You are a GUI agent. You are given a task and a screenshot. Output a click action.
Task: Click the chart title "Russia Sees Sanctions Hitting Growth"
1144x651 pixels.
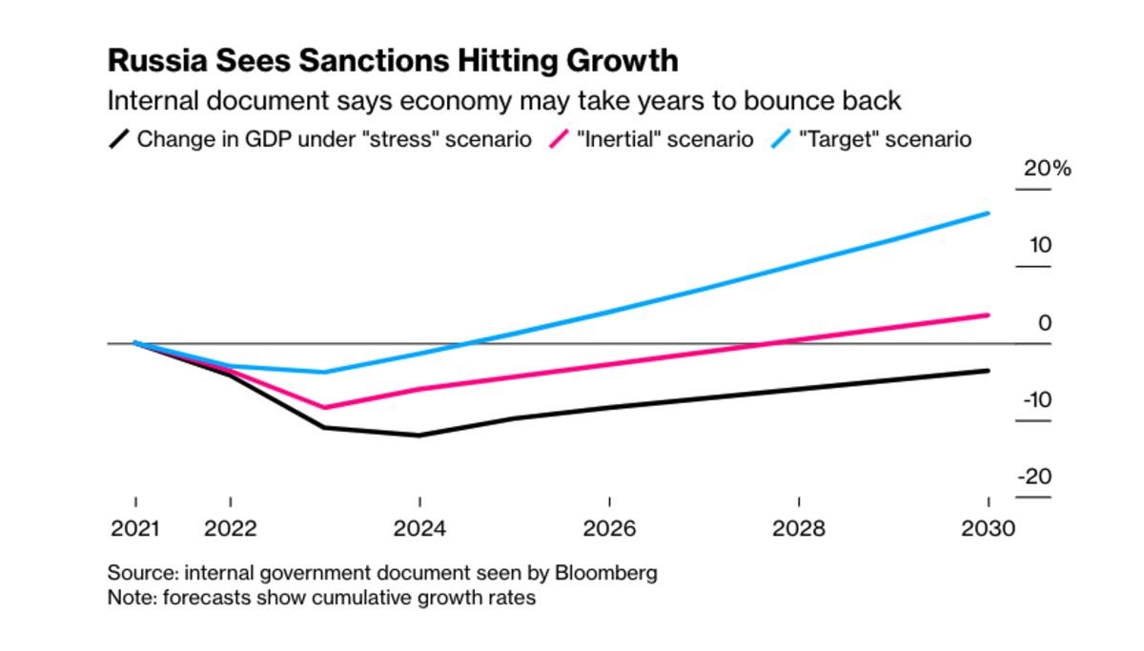pos(393,60)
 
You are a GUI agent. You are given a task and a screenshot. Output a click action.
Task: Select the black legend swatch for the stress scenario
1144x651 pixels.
pos(119,139)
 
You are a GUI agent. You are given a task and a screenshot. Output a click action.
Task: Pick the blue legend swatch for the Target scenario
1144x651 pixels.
pos(781,139)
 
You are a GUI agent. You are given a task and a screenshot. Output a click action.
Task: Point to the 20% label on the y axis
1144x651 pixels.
pos(1047,169)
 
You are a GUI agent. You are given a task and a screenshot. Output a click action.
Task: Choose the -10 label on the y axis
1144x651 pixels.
pos(1037,399)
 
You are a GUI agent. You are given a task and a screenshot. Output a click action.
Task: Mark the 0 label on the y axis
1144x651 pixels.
pos(1045,323)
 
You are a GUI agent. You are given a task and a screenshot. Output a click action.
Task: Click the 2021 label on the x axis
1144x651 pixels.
pos(135,528)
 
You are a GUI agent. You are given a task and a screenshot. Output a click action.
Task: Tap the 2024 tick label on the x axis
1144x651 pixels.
pos(419,528)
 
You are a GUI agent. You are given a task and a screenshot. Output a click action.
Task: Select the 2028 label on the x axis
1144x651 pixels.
pos(798,528)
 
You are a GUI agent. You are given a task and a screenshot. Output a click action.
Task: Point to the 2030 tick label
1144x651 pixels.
pos(988,528)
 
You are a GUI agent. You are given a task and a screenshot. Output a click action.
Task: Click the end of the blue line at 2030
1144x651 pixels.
pos(988,214)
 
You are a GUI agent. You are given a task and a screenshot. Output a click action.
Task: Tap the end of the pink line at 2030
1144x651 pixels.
pos(988,315)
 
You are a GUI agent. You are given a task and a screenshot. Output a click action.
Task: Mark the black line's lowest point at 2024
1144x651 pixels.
pos(419,436)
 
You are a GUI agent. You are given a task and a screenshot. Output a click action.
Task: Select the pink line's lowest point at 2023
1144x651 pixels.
pos(325,408)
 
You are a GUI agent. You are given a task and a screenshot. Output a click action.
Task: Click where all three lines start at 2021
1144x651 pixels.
pos(135,342)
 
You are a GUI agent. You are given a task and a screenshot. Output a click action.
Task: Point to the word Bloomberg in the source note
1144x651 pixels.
pos(611,574)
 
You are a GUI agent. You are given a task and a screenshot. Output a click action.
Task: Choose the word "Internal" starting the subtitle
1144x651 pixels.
pos(146,100)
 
